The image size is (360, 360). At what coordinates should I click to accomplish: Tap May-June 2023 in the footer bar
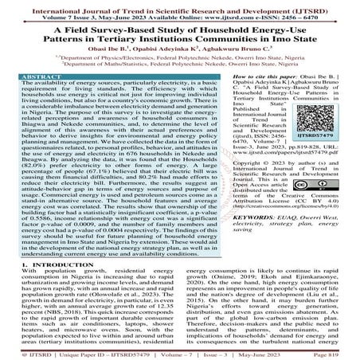pos(275,350)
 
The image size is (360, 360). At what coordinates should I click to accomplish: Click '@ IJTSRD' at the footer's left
pos(22,350)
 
